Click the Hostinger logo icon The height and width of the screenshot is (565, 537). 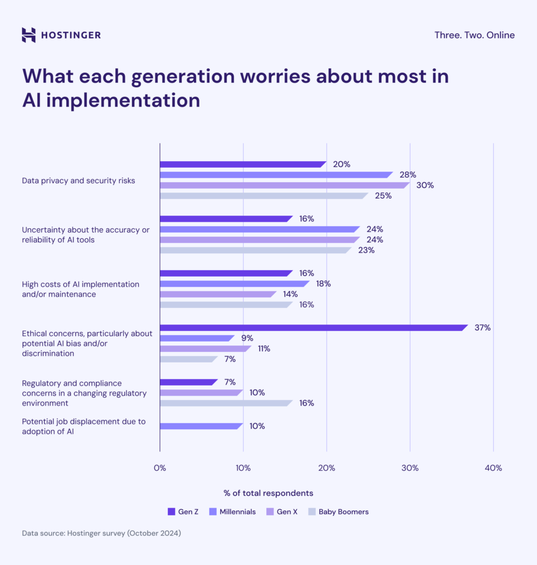pos(29,35)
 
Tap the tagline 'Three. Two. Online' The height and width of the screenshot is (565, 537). pos(474,35)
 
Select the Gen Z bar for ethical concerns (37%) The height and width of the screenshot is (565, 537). pos(313,328)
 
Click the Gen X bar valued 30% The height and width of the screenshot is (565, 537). pos(284,185)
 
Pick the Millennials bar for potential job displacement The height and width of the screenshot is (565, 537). pos(201,426)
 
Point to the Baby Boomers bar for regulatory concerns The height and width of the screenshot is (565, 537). pos(225,403)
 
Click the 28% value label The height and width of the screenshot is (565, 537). pos(408,175)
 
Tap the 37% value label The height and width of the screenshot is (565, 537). pos(482,328)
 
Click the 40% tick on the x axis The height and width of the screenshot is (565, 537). pos(493,468)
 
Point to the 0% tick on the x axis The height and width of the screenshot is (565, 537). pos(160,468)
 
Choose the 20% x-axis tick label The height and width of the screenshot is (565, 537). pos(327,468)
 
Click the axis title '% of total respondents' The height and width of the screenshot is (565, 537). pos(268,493)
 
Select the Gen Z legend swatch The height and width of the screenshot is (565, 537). pos(171,512)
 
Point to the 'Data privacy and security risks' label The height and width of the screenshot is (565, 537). pos(78,180)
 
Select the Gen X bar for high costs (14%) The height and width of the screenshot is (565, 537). pos(217,294)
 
